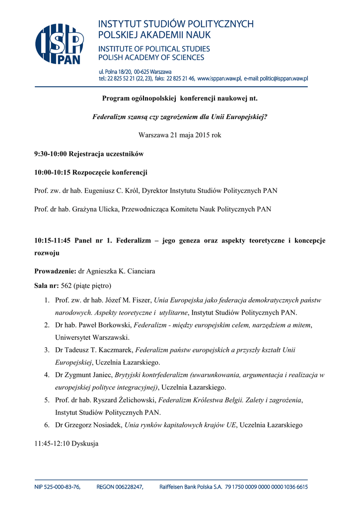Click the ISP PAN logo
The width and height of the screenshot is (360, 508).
coord(59,44)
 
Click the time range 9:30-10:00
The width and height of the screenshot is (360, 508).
coord(51,154)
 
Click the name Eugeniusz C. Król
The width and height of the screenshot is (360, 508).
coord(117,190)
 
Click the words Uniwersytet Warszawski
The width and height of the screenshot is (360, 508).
coord(92,337)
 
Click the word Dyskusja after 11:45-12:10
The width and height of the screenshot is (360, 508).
coord(85,444)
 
